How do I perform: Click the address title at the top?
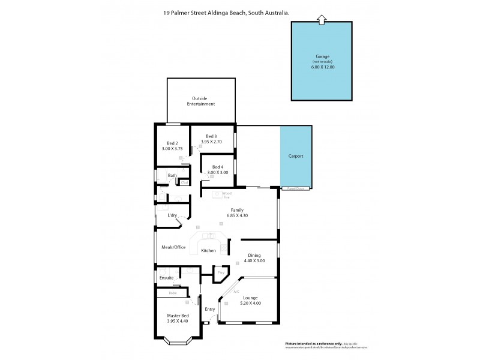tap(239, 10)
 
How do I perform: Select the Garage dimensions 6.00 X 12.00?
tap(322, 67)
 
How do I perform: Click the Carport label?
tap(295, 156)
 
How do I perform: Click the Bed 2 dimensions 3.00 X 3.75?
tap(172, 149)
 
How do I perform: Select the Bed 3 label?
tap(211, 136)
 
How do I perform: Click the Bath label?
tap(172, 176)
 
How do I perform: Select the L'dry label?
tap(172, 215)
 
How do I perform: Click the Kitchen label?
tap(208, 250)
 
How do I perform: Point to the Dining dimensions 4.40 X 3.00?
tap(252, 261)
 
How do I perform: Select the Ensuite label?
tap(166, 278)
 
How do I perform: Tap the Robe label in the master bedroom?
tap(172, 293)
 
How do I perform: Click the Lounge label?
tap(250, 298)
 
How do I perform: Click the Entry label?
tap(209, 309)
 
